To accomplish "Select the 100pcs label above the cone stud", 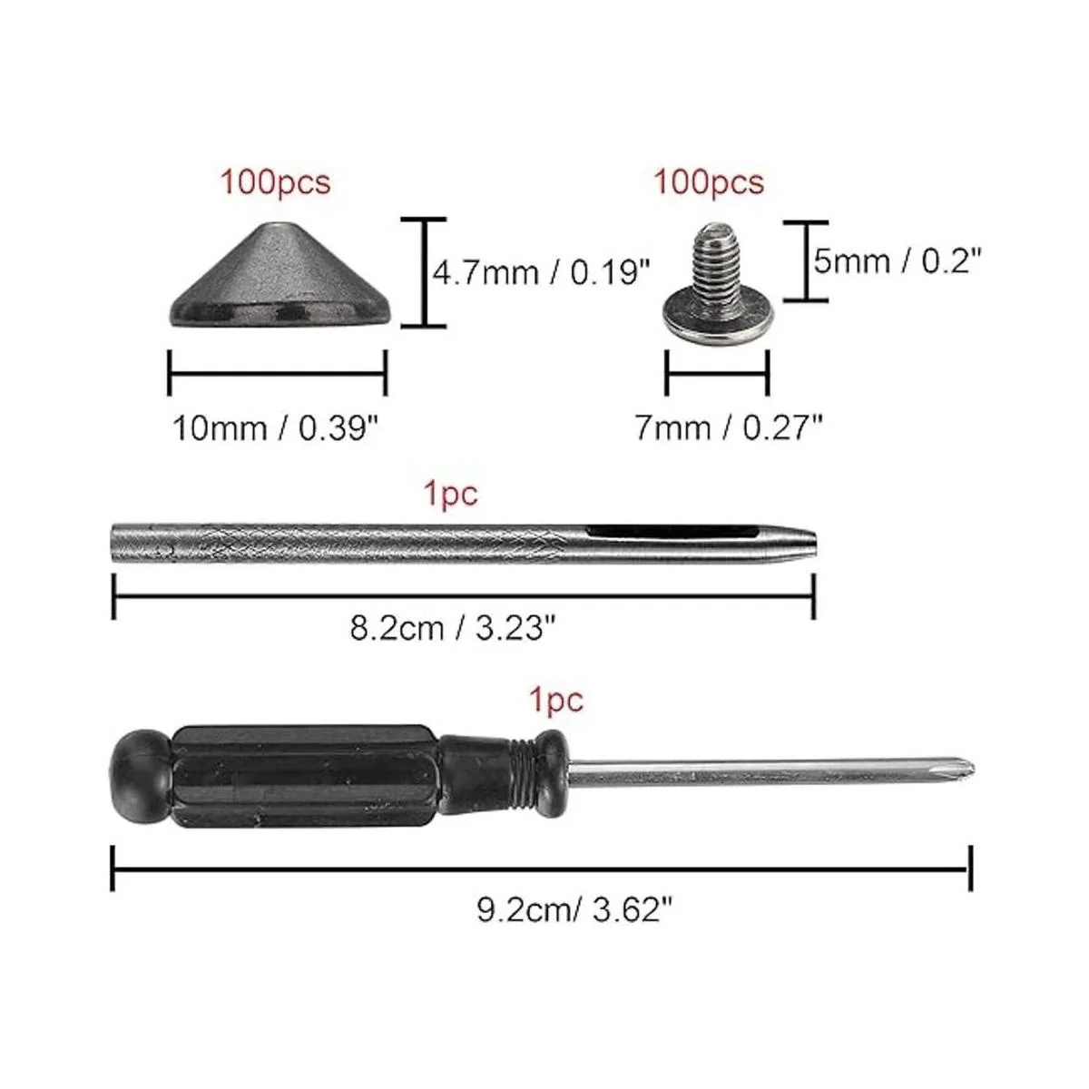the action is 275,182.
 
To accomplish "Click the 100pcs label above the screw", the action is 708,182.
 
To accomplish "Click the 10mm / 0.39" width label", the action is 275,428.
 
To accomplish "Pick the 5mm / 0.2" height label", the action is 898,261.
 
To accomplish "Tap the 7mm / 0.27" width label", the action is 729,427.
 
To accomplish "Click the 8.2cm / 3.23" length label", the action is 453,628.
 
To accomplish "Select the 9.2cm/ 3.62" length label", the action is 575,910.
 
